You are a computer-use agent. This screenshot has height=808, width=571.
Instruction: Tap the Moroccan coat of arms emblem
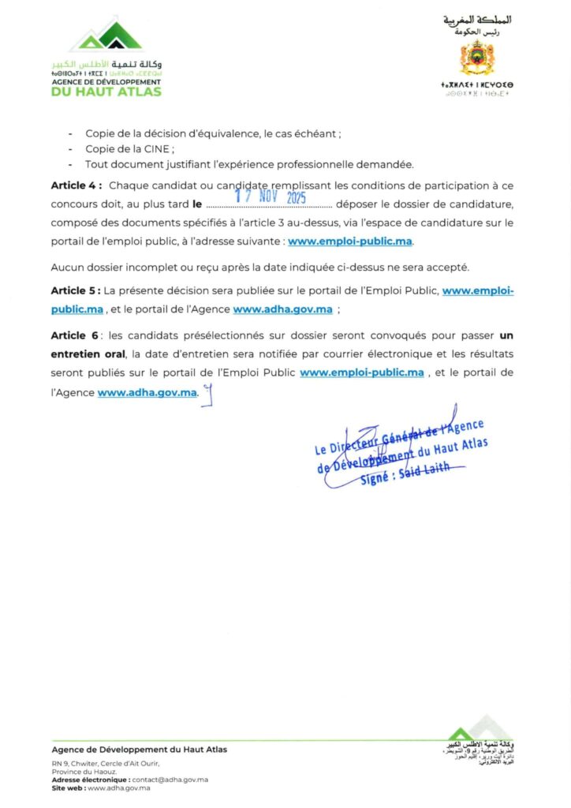(476, 61)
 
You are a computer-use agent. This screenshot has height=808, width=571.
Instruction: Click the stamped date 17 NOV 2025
(271, 197)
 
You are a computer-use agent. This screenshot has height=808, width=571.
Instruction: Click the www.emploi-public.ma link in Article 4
(350, 241)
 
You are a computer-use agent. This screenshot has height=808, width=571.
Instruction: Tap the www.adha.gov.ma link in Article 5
(282, 309)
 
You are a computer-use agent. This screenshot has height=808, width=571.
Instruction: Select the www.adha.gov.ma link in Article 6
(147, 392)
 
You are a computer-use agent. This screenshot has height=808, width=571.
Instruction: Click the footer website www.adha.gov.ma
(118, 788)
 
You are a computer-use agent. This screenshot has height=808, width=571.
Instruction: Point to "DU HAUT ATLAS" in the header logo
(106, 92)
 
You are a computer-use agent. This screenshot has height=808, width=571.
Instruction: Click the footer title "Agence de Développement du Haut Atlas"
(139, 749)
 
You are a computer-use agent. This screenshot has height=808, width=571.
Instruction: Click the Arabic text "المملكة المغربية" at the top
(477, 19)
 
